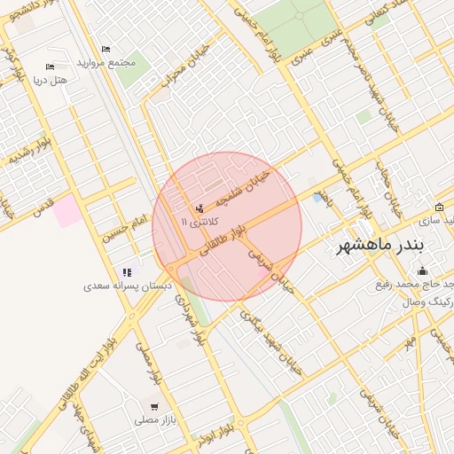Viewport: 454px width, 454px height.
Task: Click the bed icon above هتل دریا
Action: coord(50,67)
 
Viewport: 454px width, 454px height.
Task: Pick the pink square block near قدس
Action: coord(67,211)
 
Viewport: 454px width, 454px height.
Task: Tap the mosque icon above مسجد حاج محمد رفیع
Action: coord(422,270)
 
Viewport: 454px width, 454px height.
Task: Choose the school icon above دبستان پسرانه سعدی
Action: coord(128,272)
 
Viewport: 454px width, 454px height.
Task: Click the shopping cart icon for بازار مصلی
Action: coord(154,406)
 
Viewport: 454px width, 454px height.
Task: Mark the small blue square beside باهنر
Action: coord(317,198)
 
